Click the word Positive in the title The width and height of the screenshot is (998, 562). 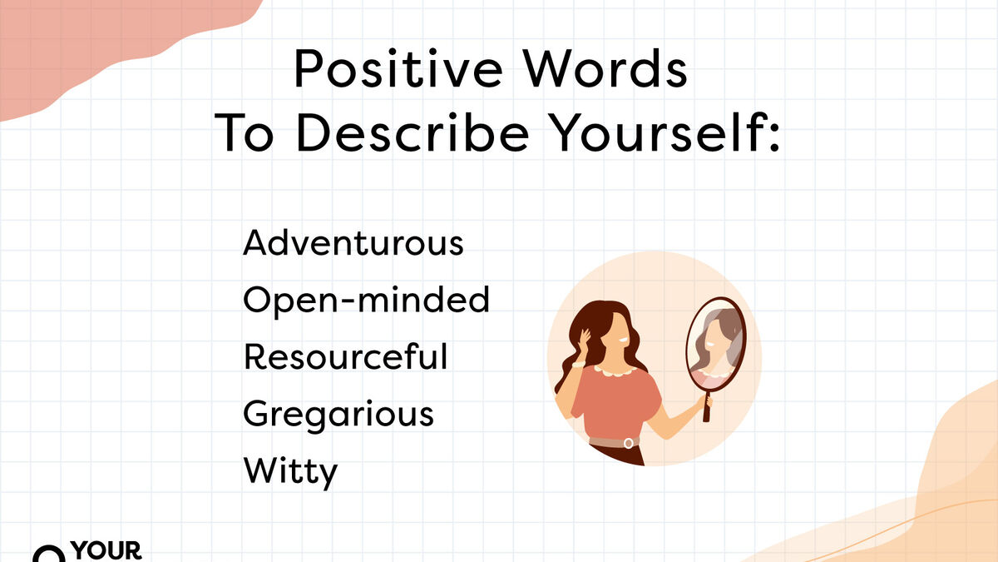click(x=398, y=69)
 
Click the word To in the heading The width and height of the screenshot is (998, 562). click(x=244, y=132)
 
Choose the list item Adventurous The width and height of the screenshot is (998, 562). click(x=353, y=242)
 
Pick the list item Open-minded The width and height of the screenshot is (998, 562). click(x=366, y=301)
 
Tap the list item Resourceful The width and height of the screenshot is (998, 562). click(x=345, y=356)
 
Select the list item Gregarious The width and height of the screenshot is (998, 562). click(x=338, y=415)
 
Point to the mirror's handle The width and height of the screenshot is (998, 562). click(x=707, y=406)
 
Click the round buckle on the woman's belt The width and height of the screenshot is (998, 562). click(x=628, y=443)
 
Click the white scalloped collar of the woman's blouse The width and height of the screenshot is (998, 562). click(x=615, y=371)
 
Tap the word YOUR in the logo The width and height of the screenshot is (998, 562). click(x=106, y=550)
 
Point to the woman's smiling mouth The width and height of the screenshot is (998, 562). click(x=622, y=341)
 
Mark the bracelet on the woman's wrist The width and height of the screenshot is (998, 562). click(x=578, y=365)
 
